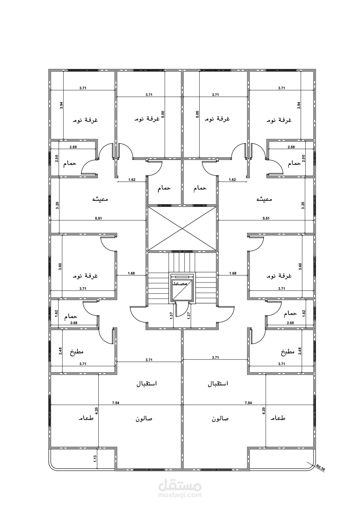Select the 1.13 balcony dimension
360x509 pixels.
95,459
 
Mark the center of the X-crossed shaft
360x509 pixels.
182,229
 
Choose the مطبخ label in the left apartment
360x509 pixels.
77,352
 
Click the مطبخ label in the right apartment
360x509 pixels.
288,352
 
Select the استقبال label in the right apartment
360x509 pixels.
218,384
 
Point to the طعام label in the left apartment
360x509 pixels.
86,418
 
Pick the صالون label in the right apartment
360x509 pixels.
220,419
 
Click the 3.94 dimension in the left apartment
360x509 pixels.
61,106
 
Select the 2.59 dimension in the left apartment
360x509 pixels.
73,147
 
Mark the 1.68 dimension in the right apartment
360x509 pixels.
233,273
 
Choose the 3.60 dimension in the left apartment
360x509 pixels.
60,266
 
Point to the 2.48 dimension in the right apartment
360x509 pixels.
300,351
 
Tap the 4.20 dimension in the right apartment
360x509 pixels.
263,410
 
